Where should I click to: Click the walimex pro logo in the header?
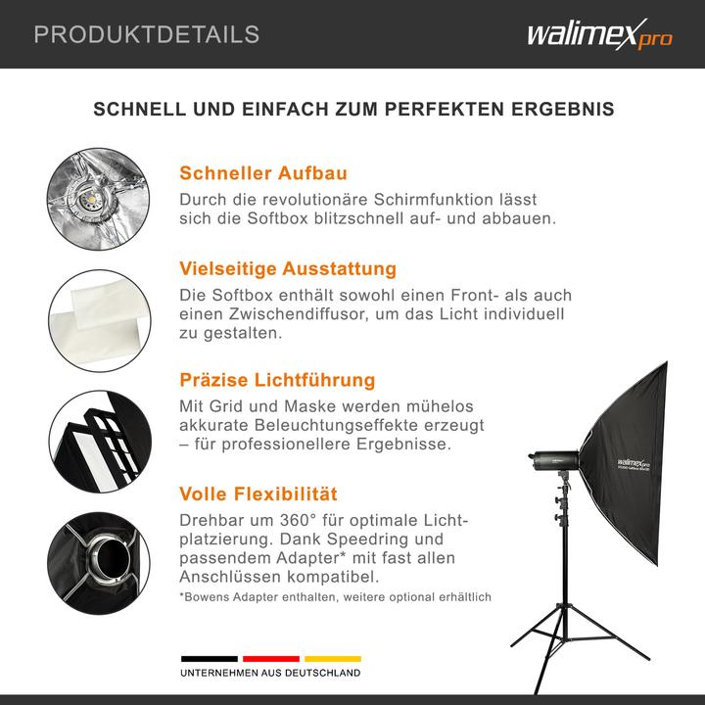599,35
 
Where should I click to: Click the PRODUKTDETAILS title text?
147,35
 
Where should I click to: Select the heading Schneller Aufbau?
263,173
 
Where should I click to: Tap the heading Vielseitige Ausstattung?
288,268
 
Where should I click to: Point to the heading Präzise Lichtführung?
277,380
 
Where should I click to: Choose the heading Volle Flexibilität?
258,494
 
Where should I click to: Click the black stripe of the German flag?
209,659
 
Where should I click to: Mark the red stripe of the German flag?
270,659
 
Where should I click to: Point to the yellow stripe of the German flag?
332,659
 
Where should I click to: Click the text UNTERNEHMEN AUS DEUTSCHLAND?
270,674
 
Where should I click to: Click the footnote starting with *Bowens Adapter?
335,597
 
